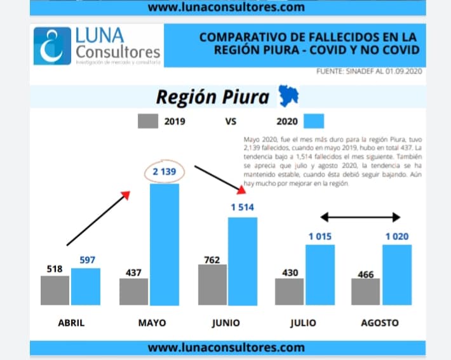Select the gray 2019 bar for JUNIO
(x=212, y=284)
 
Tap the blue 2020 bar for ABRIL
(x=86, y=286)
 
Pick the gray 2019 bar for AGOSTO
(x=365, y=291)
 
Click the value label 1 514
(x=242, y=208)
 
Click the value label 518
(x=55, y=269)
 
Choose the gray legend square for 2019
(x=147, y=121)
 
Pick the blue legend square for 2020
(x=314, y=121)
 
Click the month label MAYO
(x=152, y=323)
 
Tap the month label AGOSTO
(x=380, y=323)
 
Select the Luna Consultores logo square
(x=52, y=45)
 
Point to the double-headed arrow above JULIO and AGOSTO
(x=360, y=217)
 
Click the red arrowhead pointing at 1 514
(x=241, y=189)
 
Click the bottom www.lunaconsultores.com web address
(x=226, y=347)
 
